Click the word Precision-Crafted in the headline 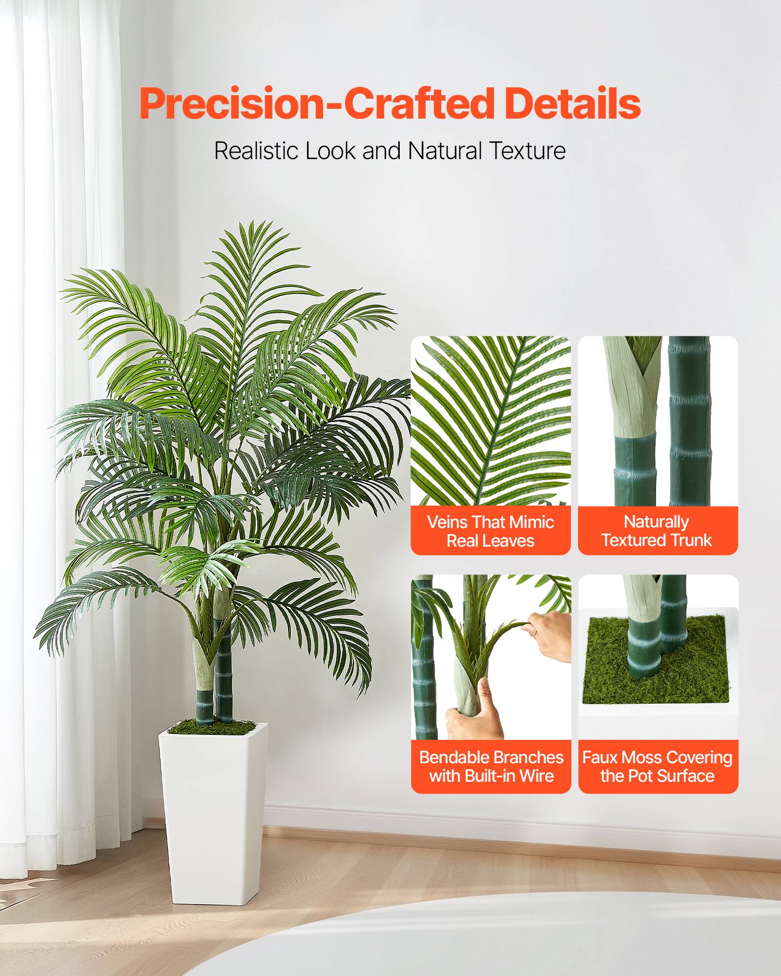tap(317, 104)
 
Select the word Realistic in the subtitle tap(256, 151)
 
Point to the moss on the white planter tap(213, 728)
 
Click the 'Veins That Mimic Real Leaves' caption tap(491, 531)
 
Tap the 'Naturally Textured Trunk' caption tap(657, 531)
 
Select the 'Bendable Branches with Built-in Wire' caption tap(491, 766)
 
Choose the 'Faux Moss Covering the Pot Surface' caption tap(658, 766)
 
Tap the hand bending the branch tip tap(549, 634)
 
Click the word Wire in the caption tap(536, 775)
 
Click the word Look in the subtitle tap(330, 151)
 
